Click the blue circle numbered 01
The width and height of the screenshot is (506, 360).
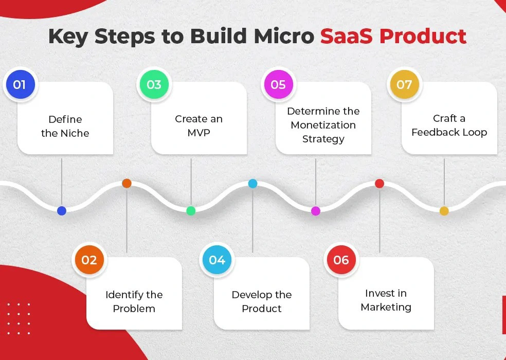(21, 84)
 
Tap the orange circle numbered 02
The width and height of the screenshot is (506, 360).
(89, 260)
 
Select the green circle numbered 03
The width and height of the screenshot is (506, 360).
(154, 84)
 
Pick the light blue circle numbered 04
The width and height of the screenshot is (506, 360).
(217, 260)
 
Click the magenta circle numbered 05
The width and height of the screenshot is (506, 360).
(279, 84)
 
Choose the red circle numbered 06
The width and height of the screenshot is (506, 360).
(341, 260)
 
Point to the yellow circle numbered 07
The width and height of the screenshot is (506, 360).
(405, 84)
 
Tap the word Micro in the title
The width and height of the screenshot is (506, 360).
(284, 36)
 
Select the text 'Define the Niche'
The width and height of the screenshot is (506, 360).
(65, 126)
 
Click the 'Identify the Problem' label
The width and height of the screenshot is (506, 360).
(134, 301)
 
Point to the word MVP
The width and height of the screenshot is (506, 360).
(199, 133)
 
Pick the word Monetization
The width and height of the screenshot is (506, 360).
(323, 125)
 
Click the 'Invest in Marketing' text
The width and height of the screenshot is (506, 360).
(386, 300)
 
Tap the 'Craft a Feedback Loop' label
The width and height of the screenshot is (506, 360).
(449, 125)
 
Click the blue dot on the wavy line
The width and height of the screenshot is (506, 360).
(62, 211)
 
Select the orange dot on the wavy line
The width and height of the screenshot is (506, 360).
(127, 184)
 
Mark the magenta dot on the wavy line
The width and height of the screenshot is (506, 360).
(316, 211)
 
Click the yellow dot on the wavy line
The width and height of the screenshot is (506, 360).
(444, 211)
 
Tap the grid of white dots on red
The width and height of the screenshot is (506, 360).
(19, 319)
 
